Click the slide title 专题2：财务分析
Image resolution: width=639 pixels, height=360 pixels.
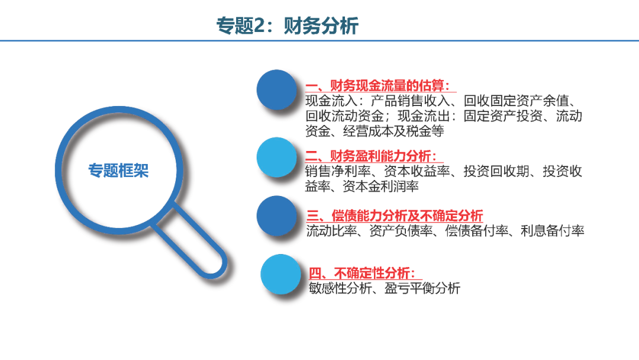287,25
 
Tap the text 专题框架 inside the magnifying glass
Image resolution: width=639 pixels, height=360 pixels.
118,171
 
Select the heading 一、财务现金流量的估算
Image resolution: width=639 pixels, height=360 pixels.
377,86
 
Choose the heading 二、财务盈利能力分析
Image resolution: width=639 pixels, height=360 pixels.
371,156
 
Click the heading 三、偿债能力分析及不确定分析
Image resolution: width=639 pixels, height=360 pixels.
395,216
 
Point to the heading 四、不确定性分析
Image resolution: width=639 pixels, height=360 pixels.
362,273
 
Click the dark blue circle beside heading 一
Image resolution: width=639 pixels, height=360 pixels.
277,89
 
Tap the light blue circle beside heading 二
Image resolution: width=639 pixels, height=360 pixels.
277,157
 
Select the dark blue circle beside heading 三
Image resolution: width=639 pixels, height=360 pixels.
277,216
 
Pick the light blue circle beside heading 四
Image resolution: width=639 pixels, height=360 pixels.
281,274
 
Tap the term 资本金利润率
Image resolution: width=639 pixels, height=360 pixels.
381,187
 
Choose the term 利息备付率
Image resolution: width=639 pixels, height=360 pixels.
553,231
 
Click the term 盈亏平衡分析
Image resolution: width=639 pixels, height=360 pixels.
422,288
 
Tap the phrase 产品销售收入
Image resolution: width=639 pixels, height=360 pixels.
410,101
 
